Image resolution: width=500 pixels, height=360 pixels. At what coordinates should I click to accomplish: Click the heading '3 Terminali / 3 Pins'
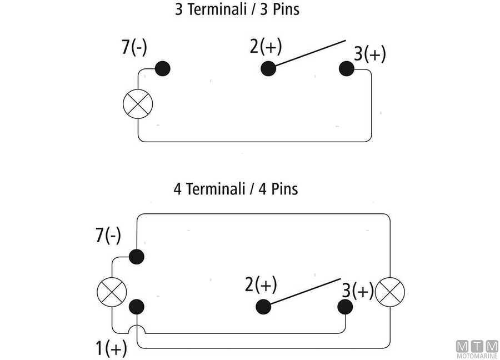click(237, 10)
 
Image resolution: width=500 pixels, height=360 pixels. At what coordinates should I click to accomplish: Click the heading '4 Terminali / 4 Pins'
click(236, 189)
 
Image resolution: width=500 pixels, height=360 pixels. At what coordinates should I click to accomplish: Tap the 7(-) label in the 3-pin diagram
click(134, 48)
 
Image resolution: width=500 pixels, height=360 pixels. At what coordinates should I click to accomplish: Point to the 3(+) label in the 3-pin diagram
click(370, 54)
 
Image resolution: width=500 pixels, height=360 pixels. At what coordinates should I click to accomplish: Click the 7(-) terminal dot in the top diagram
click(163, 68)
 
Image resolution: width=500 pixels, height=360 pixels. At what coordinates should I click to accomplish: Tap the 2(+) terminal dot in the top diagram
click(268, 68)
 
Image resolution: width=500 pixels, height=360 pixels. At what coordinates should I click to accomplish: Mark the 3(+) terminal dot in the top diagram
click(347, 68)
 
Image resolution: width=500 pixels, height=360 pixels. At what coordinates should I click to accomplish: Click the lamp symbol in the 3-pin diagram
click(137, 104)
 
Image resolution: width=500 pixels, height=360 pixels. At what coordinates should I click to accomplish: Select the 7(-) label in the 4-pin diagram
click(108, 236)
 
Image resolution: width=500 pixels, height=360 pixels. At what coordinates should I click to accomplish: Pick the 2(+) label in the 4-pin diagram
click(261, 285)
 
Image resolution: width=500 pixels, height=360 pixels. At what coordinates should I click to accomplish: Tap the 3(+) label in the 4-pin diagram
click(358, 291)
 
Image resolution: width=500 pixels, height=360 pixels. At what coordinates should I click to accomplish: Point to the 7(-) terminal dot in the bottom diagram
click(136, 256)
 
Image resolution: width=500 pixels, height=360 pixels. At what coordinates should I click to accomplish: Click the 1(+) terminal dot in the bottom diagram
click(136, 307)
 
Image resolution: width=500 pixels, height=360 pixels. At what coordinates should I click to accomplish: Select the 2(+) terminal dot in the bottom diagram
click(263, 307)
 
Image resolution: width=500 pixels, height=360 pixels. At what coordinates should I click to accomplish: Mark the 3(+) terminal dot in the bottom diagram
click(345, 307)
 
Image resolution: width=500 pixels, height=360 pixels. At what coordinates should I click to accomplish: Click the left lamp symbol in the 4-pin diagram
click(112, 292)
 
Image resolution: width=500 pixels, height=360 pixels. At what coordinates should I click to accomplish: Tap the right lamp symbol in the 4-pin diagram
click(390, 291)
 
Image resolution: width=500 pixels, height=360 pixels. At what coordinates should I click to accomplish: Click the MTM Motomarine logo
click(477, 348)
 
